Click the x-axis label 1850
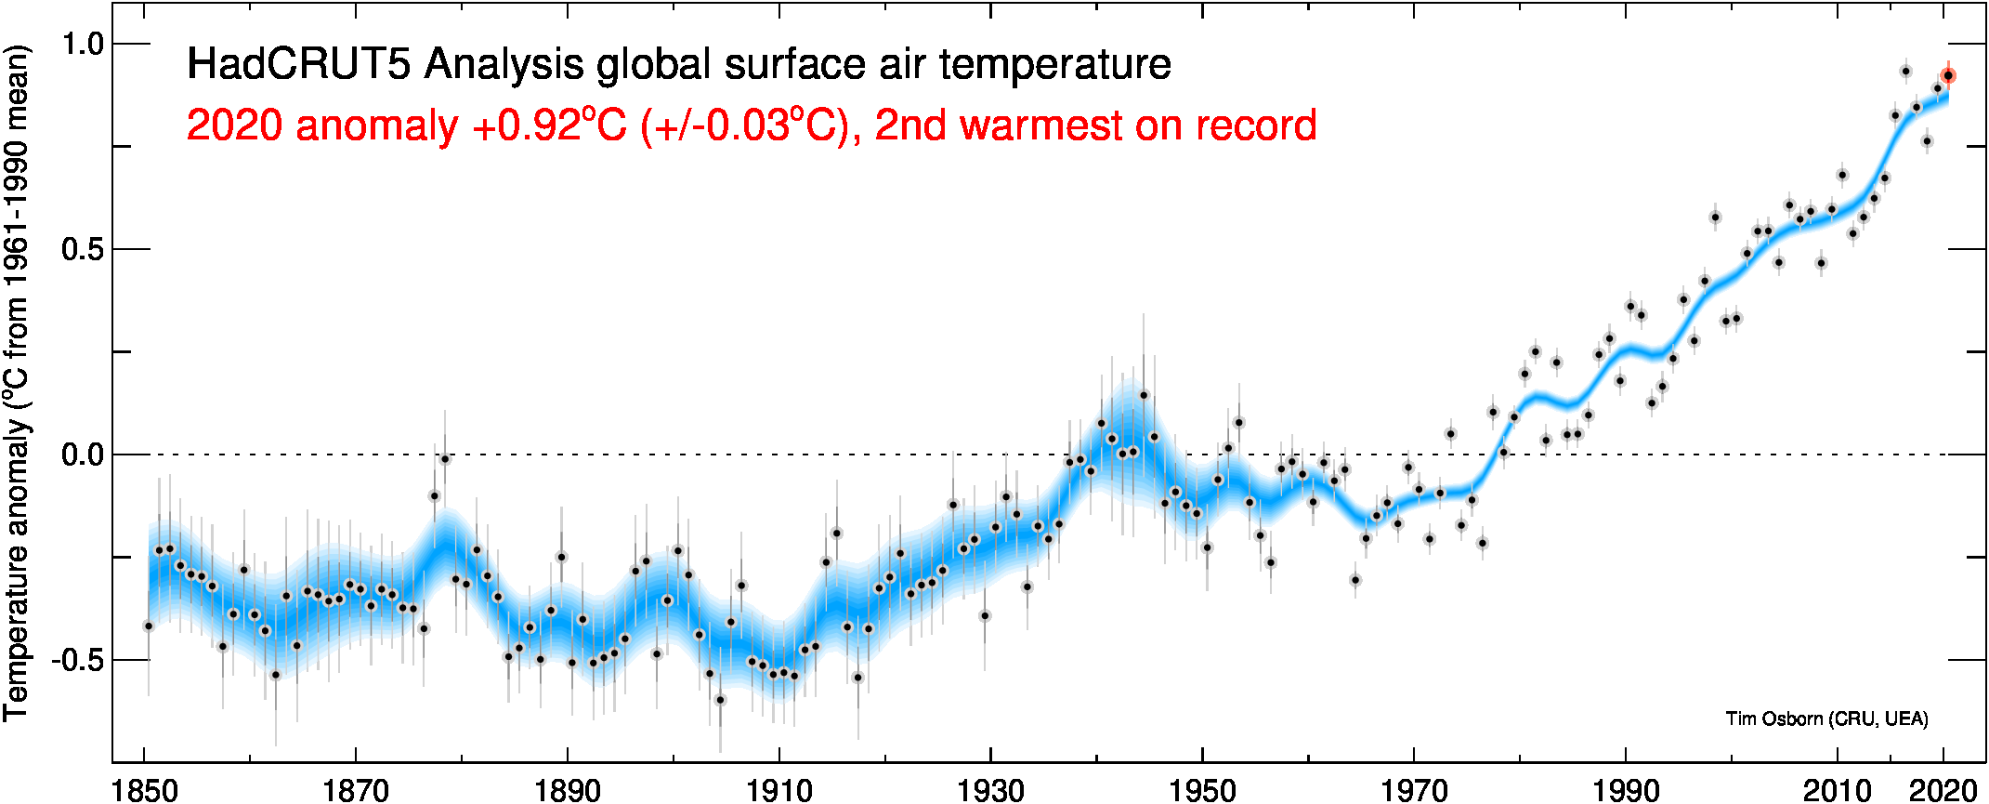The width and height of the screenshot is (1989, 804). [145, 790]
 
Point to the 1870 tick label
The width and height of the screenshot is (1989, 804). [356, 790]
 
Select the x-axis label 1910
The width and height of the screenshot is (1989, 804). [779, 790]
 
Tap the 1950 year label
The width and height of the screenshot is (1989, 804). [1202, 790]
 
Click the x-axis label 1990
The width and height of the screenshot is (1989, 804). [1626, 790]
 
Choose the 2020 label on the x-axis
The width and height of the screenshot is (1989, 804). [1942, 790]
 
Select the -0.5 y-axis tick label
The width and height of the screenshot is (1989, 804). [78, 661]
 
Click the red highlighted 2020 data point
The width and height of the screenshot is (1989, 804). [1948, 76]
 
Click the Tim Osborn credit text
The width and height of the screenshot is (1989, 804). [1826, 718]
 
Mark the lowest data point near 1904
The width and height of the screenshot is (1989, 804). [720, 699]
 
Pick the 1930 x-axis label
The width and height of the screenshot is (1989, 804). [990, 790]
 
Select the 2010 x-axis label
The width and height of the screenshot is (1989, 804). [1837, 790]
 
